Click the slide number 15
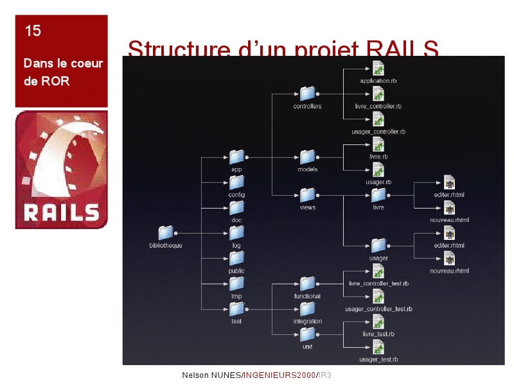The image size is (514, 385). coord(33,30)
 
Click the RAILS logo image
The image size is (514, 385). coord(62,170)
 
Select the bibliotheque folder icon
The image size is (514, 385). coord(166,233)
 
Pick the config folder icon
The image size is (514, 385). coord(236,182)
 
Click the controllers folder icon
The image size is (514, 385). coord(307,94)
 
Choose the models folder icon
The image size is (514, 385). coord(307,157)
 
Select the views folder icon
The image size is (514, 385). coord(307,194)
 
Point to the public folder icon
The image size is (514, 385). coord(236,258)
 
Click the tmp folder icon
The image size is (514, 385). coord(236,284)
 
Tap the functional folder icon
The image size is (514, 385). coord(307,284)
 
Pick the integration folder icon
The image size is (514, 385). coord(307,309)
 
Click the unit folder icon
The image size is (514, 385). coord(307,334)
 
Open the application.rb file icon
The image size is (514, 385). coord(378,69)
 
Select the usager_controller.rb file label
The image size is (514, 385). coord(378,132)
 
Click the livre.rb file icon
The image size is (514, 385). coord(378,144)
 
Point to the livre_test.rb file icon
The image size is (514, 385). coord(378,321)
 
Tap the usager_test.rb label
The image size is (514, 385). coord(378,359)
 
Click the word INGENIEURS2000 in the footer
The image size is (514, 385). coord(280,375)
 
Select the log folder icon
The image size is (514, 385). coord(236,233)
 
